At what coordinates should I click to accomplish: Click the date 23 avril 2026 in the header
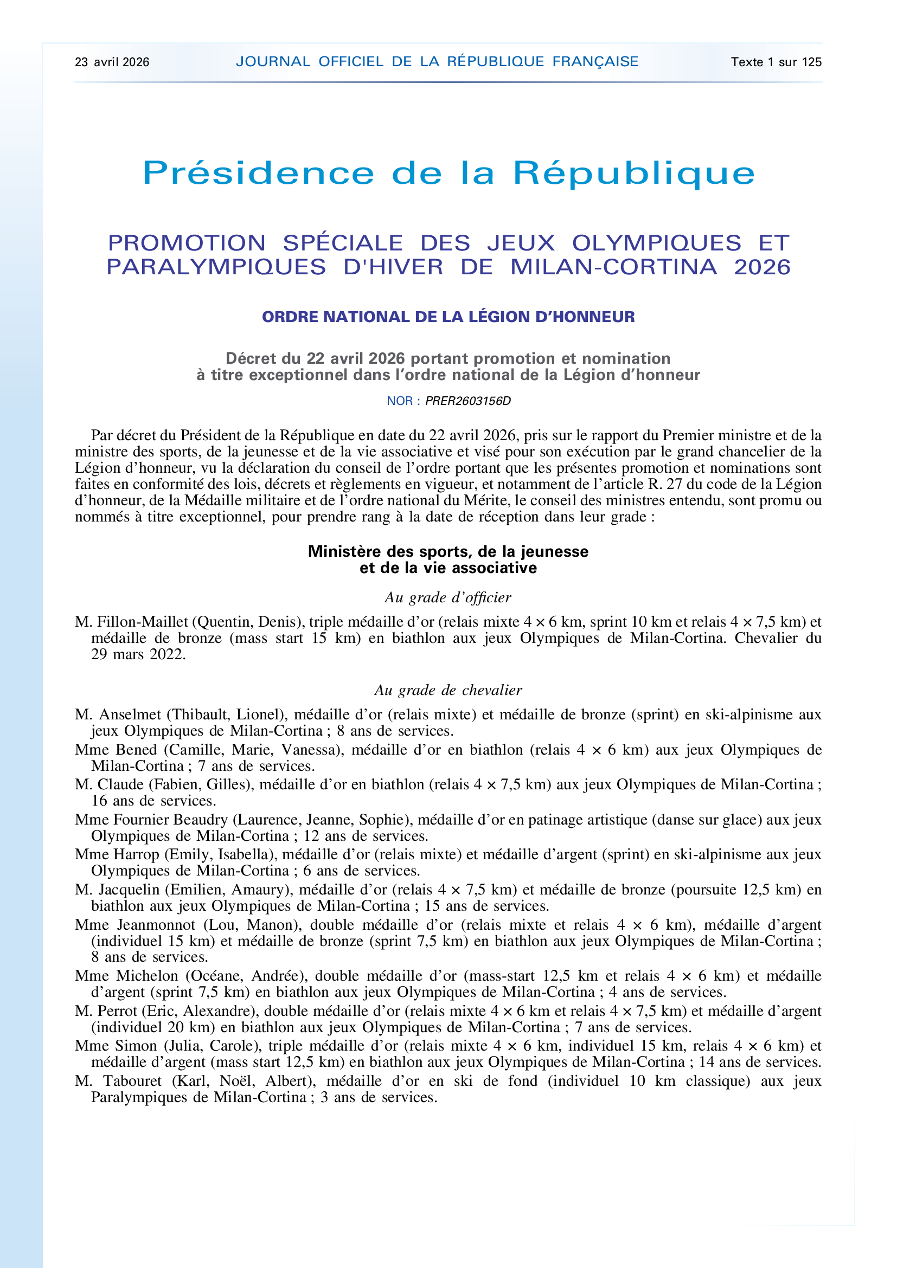pyautogui.click(x=112, y=62)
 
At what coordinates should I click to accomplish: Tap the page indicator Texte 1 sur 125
pyautogui.click(x=776, y=62)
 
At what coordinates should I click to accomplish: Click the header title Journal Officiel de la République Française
pyautogui.click(x=437, y=61)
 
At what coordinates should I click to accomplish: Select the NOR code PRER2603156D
pyautogui.click(x=468, y=401)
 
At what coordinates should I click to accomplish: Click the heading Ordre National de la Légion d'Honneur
pyautogui.click(x=448, y=317)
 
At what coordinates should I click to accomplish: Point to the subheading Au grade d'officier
pyautogui.click(x=448, y=597)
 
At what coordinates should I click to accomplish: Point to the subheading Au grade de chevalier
pyautogui.click(x=448, y=690)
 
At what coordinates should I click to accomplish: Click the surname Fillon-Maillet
pyautogui.click(x=143, y=622)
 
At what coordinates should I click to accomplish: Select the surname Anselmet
pyautogui.click(x=130, y=715)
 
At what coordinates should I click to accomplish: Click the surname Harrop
pyautogui.click(x=136, y=855)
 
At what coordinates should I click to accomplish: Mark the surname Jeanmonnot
pyautogui.click(x=156, y=925)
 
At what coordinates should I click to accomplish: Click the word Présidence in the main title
pyautogui.click(x=259, y=173)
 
